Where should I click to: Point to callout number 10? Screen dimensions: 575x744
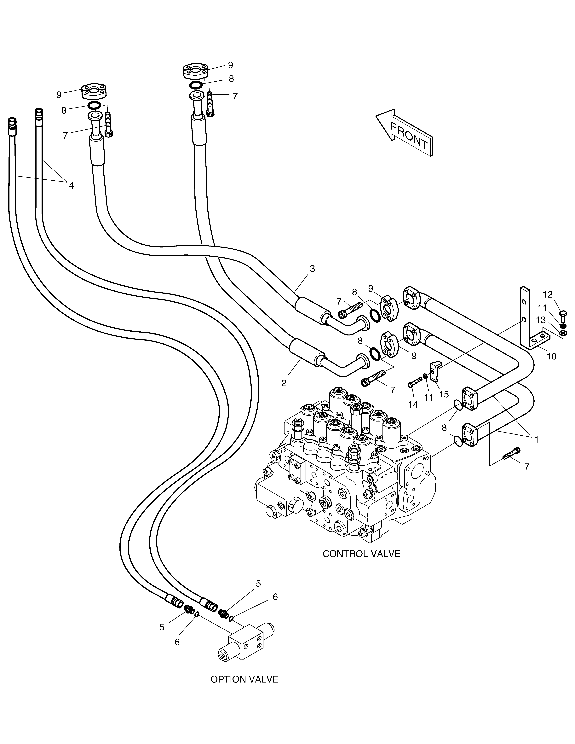point(551,356)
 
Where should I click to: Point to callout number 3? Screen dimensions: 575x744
point(312,269)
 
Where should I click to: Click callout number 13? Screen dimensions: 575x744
point(540,320)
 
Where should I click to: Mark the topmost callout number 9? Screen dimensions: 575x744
point(230,65)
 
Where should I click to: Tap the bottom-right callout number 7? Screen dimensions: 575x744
point(527,467)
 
